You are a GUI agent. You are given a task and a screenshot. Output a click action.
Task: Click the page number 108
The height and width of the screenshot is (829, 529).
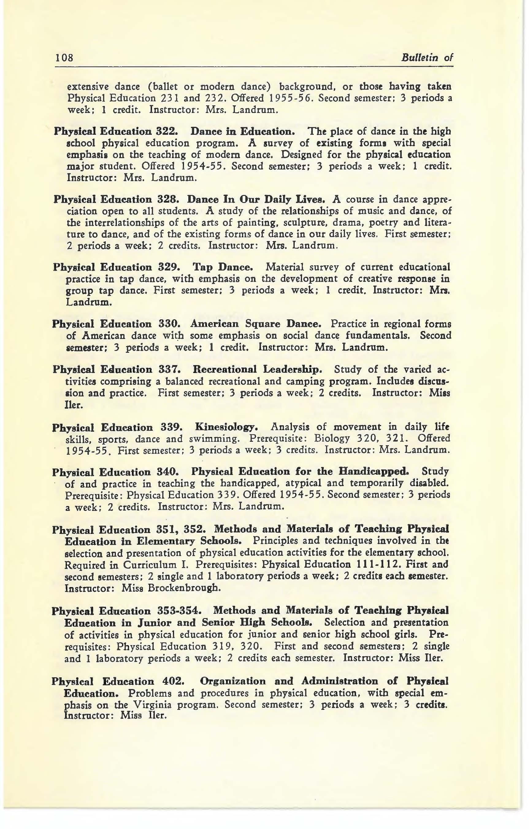click(x=65, y=57)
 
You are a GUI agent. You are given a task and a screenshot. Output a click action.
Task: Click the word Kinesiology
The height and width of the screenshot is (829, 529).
click(x=226, y=427)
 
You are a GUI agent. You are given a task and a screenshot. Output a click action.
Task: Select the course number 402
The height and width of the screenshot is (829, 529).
click(x=174, y=681)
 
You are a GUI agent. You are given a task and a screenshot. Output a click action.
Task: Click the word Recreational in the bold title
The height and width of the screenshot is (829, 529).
click(x=224, y=370)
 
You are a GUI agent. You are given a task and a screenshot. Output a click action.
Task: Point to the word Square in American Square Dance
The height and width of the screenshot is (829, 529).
click(x=262, y=324)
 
